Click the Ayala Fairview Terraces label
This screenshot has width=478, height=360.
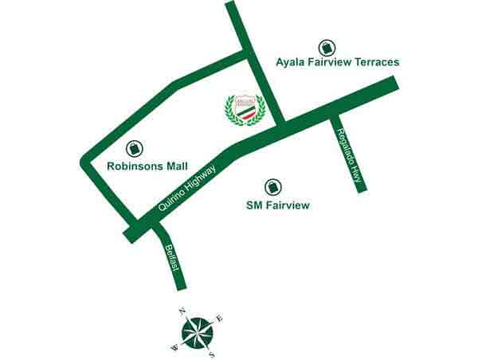[x=337, y=61]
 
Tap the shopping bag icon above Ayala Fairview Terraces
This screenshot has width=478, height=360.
[x=325, y=47]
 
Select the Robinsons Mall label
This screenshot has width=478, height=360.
[x=147, y=166]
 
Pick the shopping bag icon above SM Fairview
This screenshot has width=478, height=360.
[x=273, y=186]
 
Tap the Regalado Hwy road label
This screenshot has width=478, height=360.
[x=350, y=157]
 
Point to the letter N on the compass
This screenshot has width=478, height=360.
[x=182, y=311]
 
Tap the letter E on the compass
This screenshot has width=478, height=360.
[x=220, y=319]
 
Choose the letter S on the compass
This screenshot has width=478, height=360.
[x=212, y=354]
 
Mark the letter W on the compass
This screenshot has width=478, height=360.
[x=174, y=346]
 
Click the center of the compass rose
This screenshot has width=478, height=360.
[x=197, y=332]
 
